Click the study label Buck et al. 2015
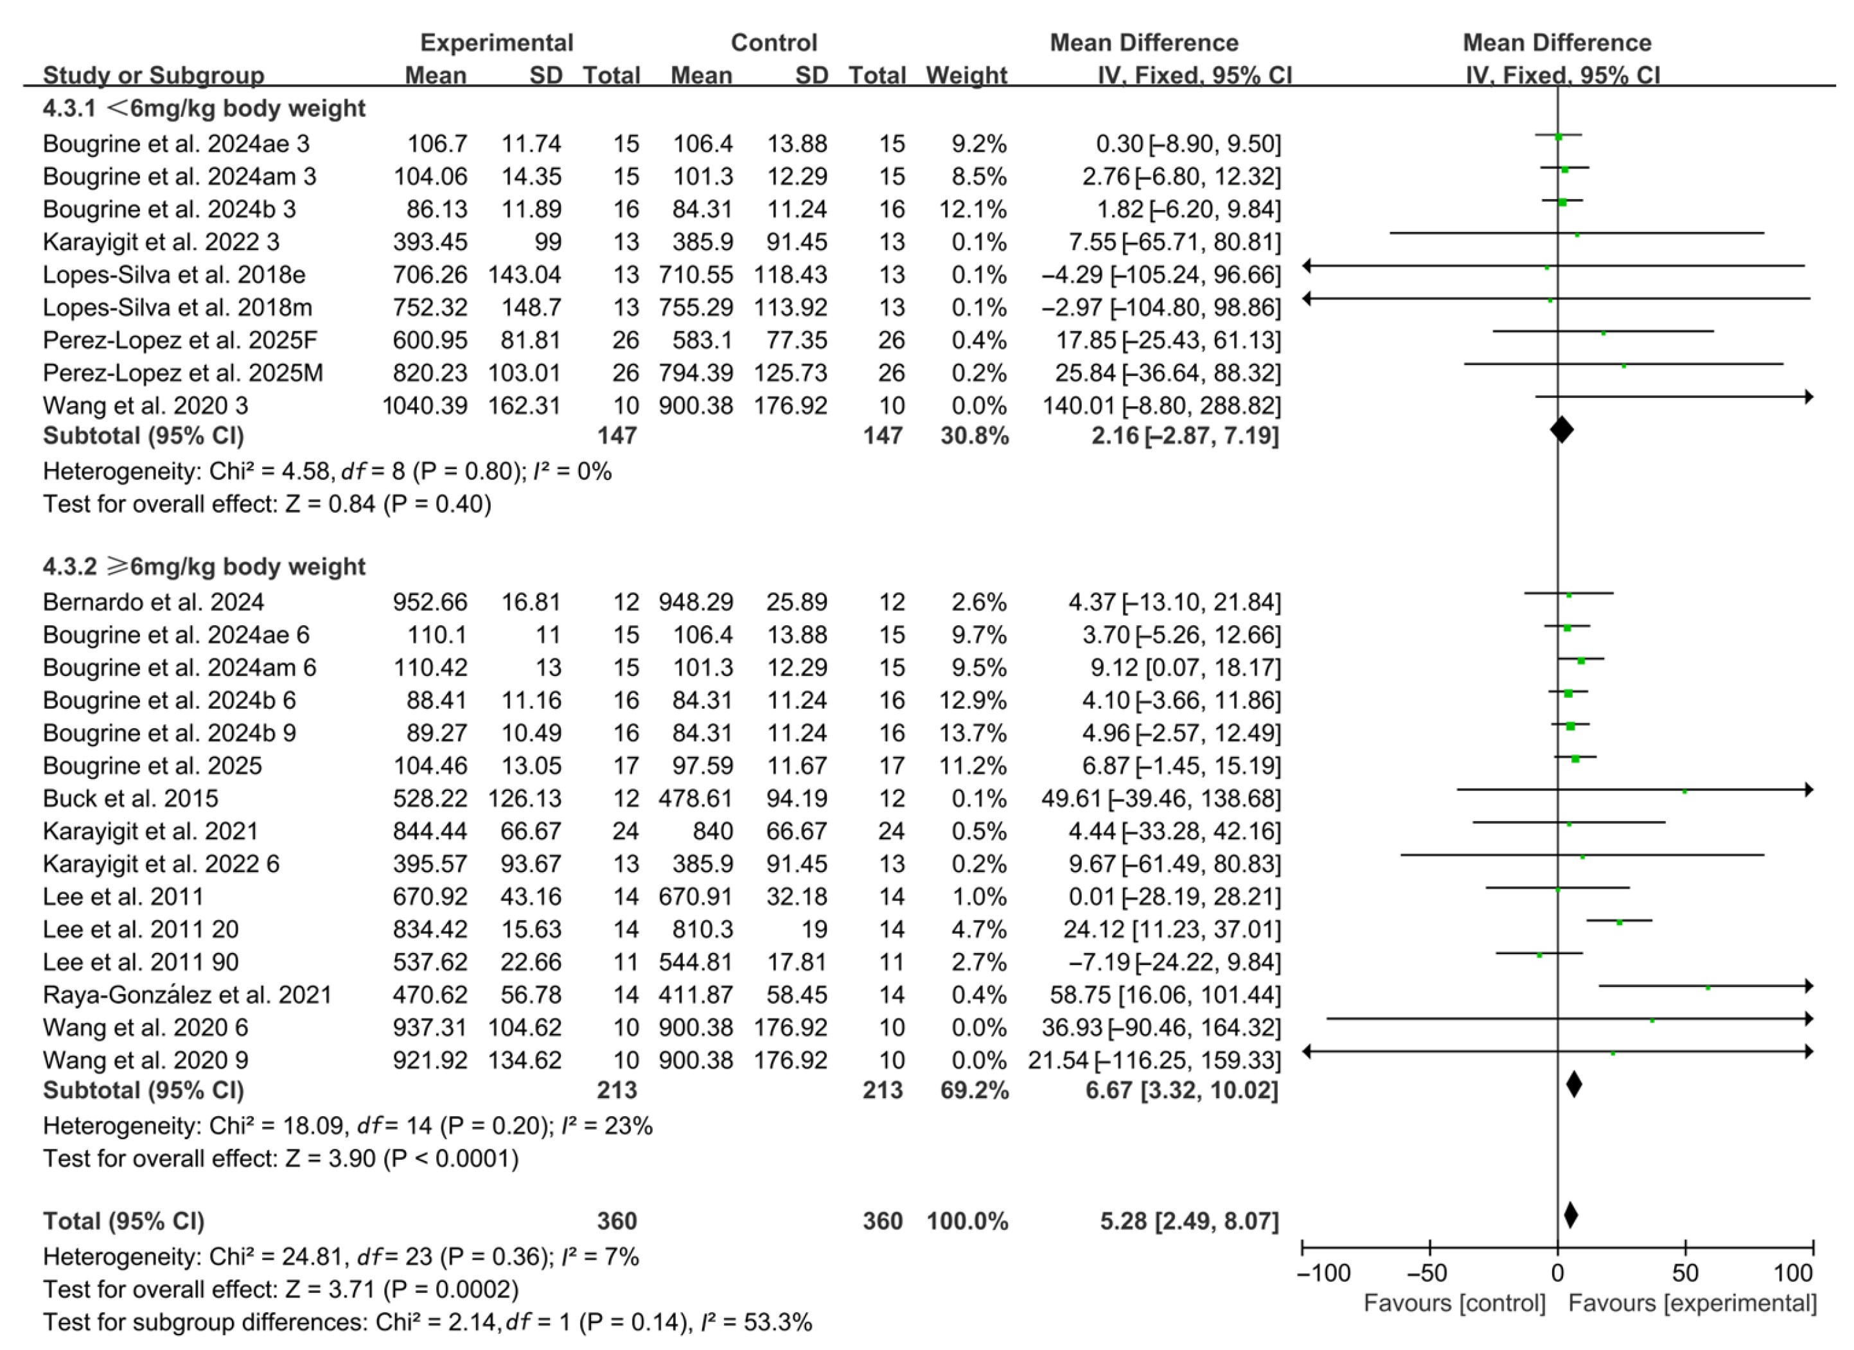click(131, 798)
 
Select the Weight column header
click(966, 75)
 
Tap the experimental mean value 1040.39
click(425, 405)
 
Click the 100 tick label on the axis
click(1794, 1272)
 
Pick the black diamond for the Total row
click(1570, 1215)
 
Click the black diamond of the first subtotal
click(1561, 429)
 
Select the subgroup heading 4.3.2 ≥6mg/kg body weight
click(204, 567)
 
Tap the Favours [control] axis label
click(1454, 1303)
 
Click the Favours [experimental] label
click(1692, 1303)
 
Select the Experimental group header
click(496, 42)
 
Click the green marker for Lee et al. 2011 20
click(1620, 922)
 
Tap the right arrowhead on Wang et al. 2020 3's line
click(1809, 396)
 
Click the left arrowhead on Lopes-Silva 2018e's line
click(1307, 266)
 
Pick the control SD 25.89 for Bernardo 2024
click(796, 602)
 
